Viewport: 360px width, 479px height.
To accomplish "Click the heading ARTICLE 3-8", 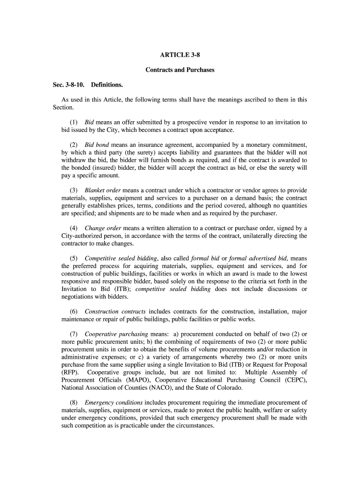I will click(x=180, y=55).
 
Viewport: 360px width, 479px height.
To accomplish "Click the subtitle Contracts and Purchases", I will click(x=180, y=70).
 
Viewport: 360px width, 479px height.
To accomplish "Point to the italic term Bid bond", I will click(x=97, y=145).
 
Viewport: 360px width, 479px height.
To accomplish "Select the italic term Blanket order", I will click(x=103, y=190).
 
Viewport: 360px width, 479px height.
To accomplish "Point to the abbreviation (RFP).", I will click(x=70, y=372).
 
